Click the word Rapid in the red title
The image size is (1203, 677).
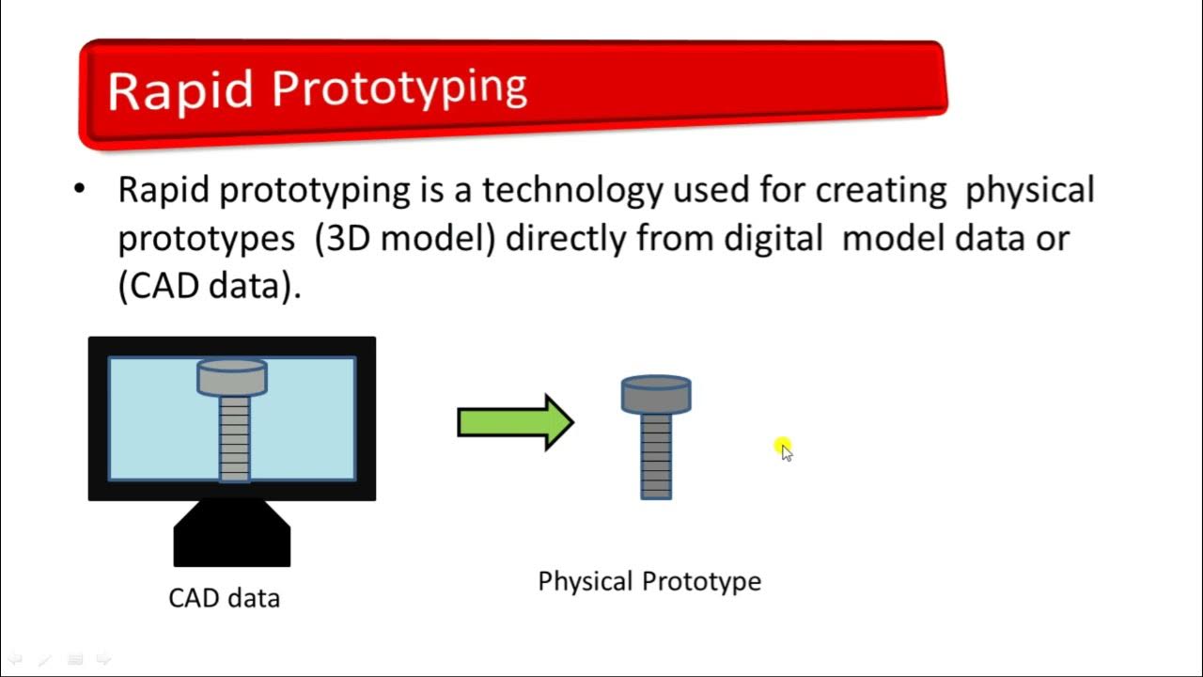180,90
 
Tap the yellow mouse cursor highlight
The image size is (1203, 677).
783,448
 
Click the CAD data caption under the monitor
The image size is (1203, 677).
224,598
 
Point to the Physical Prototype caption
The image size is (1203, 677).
648,581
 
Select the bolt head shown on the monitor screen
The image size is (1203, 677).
232,376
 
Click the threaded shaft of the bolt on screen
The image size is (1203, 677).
234,437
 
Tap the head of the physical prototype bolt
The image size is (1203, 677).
656,394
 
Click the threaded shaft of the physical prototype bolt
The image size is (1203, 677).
656,456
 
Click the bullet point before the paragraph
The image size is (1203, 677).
79,190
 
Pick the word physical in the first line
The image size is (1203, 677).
1030,191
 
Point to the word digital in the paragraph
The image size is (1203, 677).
773,239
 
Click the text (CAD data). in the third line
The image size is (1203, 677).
209,286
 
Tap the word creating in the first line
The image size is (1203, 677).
881,191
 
